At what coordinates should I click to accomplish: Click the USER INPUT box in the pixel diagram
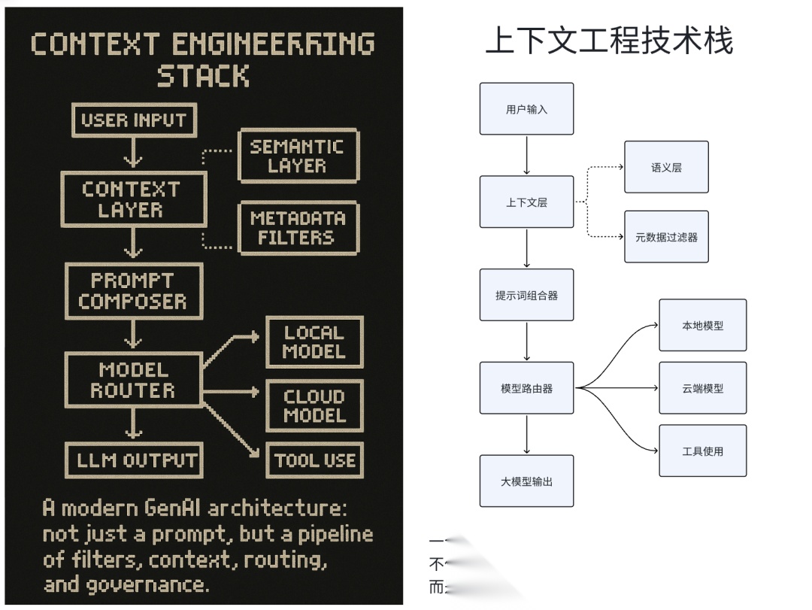[133, 120]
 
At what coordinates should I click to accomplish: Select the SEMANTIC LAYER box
[298, 156]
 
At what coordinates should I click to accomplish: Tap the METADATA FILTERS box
[298, 228]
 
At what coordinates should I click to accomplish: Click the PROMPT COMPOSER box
[133, 291]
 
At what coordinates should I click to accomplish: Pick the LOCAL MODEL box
[314, 341]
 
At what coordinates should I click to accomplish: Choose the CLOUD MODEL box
[314, 405]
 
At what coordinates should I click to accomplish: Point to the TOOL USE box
[314, 460]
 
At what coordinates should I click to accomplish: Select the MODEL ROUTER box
[133, 380]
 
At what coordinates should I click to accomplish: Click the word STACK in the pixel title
[203, 76]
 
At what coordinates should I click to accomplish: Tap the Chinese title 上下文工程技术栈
[609, 41]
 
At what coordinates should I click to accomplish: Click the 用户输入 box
[526, 109]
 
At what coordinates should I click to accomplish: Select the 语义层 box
[666, 167]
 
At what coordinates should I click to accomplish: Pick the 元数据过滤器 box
[666, 237]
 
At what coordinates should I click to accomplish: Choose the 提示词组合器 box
[526, 295]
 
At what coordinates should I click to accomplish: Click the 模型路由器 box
[526, 388]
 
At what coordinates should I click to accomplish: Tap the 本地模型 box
[702, 325]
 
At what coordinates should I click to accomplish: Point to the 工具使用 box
[702, 451]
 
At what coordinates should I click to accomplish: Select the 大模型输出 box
[526, 481]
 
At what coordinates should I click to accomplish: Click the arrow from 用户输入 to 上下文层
[526, 155]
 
